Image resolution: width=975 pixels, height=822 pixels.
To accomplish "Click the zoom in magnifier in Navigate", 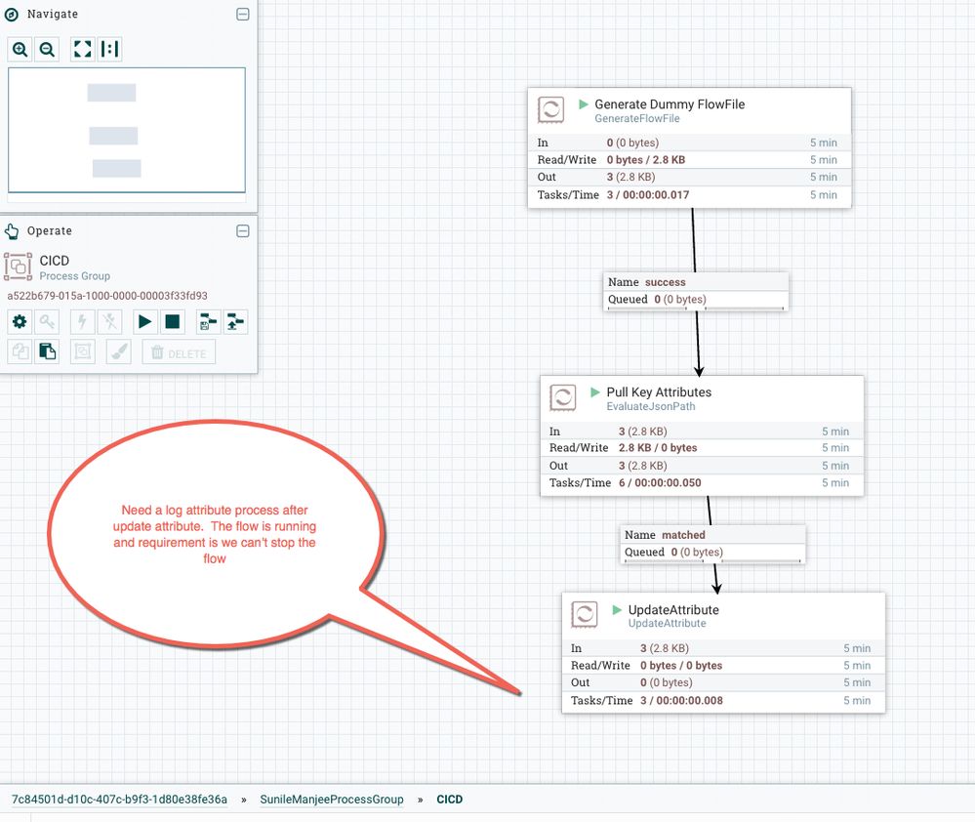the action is (x=20, y=49).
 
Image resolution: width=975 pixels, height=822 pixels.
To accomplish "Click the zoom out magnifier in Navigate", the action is (x=47, y=49).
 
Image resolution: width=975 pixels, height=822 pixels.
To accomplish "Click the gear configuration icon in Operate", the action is (x=20, y=321).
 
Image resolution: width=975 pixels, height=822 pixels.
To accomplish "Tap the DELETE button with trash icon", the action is (x=179, y=352).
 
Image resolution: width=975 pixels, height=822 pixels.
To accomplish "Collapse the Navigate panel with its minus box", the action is (x=243, y=15).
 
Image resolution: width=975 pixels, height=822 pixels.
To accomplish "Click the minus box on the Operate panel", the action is (x=243, y=231).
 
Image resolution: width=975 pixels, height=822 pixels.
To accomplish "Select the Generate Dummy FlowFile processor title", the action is (x=670, y=103).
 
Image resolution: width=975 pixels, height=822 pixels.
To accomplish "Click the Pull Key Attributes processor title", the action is (x=659, y=392).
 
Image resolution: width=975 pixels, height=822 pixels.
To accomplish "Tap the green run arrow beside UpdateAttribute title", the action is (x=617, y=609).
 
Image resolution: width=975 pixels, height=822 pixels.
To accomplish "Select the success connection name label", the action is (x=665, y=282).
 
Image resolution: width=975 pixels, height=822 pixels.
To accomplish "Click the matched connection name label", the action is (x=683, y=535).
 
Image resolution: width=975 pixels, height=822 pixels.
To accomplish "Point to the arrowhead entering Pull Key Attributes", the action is (x=699, y=371).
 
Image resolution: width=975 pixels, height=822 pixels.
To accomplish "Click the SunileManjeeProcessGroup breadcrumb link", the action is (x=332, y=799).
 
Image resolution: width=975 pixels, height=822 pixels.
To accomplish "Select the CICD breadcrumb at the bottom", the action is (x=450, y=799).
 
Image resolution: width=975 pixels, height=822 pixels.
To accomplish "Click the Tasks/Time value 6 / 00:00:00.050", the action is (x=660, y=482).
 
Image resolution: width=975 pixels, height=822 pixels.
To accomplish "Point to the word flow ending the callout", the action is (x=215, y=558).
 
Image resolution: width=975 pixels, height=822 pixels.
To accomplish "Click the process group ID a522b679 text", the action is (x=107, y=296).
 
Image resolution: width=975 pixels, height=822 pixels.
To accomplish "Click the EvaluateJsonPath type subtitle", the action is (x=651, y=407).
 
